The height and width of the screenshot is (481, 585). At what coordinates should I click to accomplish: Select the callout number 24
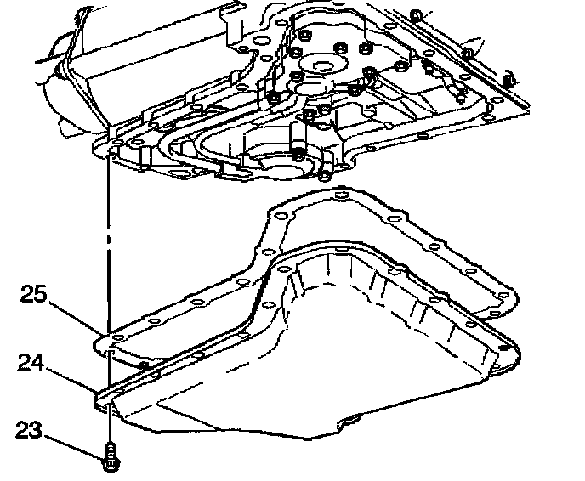[x=32, y=365]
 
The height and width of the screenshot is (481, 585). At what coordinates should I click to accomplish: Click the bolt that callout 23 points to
[x=108, y=458]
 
